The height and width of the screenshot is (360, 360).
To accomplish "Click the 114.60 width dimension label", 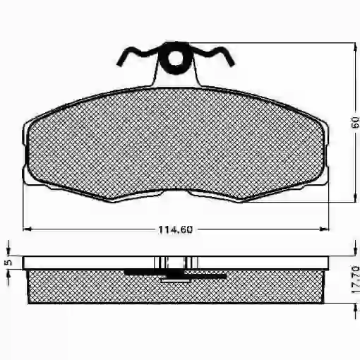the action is [176, 229].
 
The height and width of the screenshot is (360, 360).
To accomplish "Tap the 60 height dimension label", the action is [355, 123].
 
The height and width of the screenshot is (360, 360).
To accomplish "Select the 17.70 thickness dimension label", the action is [355, 280].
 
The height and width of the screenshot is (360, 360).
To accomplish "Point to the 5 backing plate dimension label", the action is [8, 262].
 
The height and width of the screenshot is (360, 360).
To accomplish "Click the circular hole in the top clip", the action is [175, 58].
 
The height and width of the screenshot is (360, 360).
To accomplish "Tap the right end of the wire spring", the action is [232, 63].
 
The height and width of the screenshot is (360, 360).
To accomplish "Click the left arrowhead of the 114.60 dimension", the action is [27, 229].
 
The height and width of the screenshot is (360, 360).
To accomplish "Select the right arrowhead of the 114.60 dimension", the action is [324, 229].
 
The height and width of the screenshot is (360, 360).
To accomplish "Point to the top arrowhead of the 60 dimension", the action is [354, 47].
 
